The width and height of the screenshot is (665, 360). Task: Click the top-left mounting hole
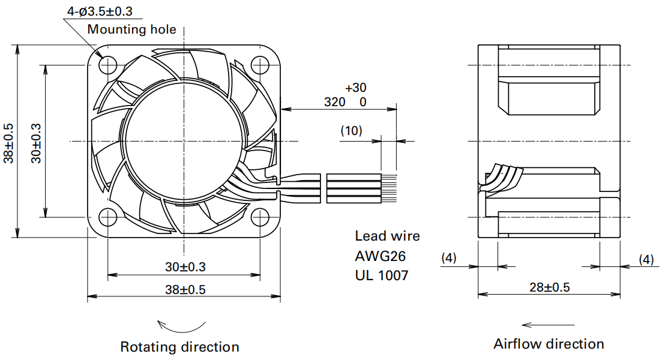coord(107,65)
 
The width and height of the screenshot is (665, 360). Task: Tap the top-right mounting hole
coord(260,65)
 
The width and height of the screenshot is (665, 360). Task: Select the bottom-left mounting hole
coord(107,217)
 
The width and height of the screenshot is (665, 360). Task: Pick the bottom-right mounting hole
coord(260,217)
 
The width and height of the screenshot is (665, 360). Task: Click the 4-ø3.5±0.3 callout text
coord(100,11)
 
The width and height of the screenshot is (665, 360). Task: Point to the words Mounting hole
coord(131,29)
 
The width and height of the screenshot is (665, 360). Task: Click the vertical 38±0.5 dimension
coord(9,143)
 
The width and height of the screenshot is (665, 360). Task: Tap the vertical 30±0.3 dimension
coord(37,143)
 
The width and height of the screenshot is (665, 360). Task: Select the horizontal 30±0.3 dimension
coord(185,267)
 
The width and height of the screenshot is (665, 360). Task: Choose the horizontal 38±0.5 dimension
coord(185,290)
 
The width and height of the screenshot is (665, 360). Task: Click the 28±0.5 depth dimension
coord(550,287)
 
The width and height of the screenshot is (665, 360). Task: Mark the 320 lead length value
coord(335,102)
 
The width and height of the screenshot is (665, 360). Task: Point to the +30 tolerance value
coord(355,88)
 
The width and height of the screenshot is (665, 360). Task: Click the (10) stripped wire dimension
coord(352,131)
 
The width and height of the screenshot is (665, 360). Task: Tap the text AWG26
coord(381,256)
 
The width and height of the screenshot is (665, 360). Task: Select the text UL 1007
coord(382,275)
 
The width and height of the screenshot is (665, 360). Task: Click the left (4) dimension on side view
coord(449,257)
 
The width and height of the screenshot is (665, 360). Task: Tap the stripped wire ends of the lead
coord(389,188)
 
